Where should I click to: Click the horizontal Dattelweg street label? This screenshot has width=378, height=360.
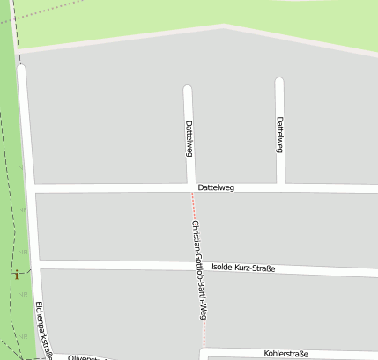click(217, 187)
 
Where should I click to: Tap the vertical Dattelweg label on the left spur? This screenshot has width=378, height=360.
click(189, 138)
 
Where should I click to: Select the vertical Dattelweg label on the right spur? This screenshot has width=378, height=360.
click(279, 135)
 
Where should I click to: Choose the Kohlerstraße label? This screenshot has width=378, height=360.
click(285, 353)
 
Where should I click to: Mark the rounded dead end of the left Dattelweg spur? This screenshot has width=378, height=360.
click(187, 89)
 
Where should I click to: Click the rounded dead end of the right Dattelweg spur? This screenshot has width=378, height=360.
click(279, 83)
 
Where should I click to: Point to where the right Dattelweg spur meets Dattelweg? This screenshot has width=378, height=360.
click(282, 187)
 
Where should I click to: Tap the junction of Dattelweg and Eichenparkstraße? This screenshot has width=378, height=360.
click(32, 189)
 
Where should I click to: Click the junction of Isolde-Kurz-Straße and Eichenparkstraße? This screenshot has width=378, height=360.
click(37, 265)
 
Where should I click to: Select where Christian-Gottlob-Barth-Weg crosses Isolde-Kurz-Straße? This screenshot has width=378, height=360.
click(199, 267)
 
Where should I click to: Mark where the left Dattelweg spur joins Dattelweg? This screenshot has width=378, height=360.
click(191, 187)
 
